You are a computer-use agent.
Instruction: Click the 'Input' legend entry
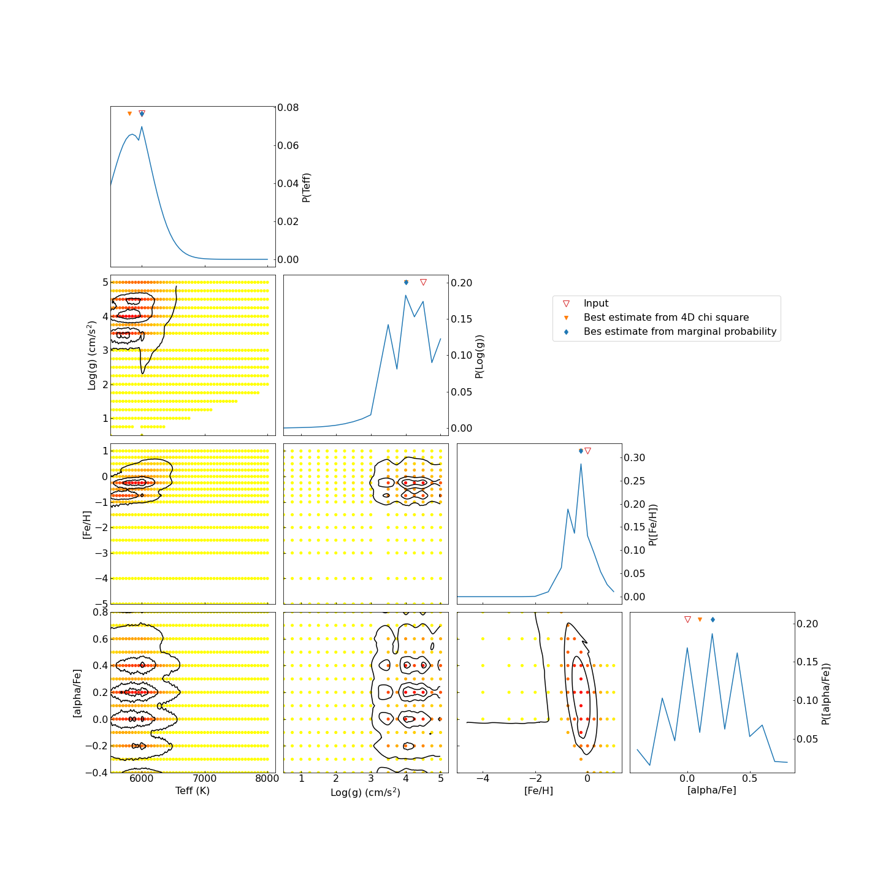tap(595, 304)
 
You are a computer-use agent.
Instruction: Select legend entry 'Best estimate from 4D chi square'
tap(665, 318)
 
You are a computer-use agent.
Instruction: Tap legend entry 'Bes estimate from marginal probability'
tap(679, 332)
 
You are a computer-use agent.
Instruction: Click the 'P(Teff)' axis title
tap(307, 187)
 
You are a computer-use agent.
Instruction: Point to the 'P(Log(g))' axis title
tap(480, 356)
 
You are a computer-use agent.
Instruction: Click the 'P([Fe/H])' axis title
tap(653, 525)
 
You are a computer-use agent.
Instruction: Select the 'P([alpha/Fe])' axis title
tap(826, 694)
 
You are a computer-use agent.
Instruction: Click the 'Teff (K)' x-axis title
tap(193, 791)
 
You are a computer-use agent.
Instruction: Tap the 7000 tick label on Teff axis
tap(205, 779)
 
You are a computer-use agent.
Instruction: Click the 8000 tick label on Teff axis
tap(267, 779)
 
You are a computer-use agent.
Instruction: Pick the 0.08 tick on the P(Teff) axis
tap(288, 107)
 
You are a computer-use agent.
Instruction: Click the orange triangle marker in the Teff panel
tap(129, 113)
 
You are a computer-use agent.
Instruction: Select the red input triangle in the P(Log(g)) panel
tap(423, 282)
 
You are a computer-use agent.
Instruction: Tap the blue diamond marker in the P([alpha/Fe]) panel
tap(713, 620)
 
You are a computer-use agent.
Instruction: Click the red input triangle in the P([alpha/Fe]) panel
tap(687, 620)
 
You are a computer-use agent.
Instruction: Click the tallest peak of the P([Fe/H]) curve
tap(581, 464)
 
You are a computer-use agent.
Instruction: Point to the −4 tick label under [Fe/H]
tap(483, 779)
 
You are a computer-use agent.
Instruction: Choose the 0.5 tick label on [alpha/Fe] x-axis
tap(749, 779)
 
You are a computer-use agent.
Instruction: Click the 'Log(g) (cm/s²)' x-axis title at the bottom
tap(365, 792)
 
